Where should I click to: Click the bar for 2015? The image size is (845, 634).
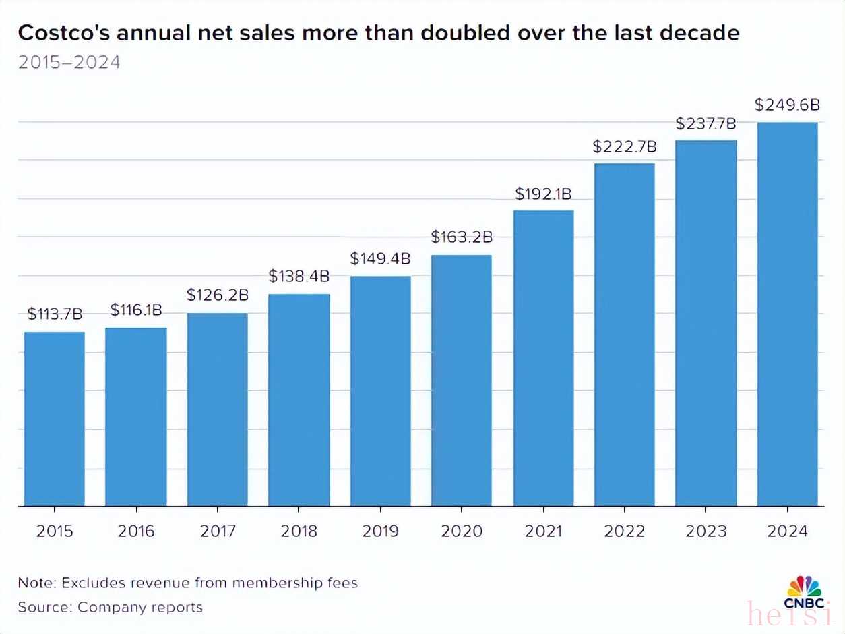tap(55, 419)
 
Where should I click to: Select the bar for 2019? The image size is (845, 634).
tap(380, 391)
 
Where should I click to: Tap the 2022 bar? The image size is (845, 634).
tap(624, 335)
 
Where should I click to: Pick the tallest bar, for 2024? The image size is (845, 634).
tap(787, 314)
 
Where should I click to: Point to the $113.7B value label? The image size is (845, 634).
tap(55, 314)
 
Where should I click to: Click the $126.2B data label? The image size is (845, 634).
tap(218, 295)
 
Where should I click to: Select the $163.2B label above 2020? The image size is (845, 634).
tap(462, 237)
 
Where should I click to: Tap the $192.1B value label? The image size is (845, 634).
tap(543, 194)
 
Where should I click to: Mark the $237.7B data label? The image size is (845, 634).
tap(706, 124)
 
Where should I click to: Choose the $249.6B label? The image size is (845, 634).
tap(787, 105)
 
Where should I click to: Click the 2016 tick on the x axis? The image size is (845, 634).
tap(136, 531)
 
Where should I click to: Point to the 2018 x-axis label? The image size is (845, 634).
tap(299, 531)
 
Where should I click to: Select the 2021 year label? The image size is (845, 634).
tap(543, 531)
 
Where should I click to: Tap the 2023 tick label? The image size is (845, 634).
tap(706, 531)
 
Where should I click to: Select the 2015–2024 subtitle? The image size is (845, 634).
tap(69, 63)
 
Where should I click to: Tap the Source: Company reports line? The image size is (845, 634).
tap(110, 607)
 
